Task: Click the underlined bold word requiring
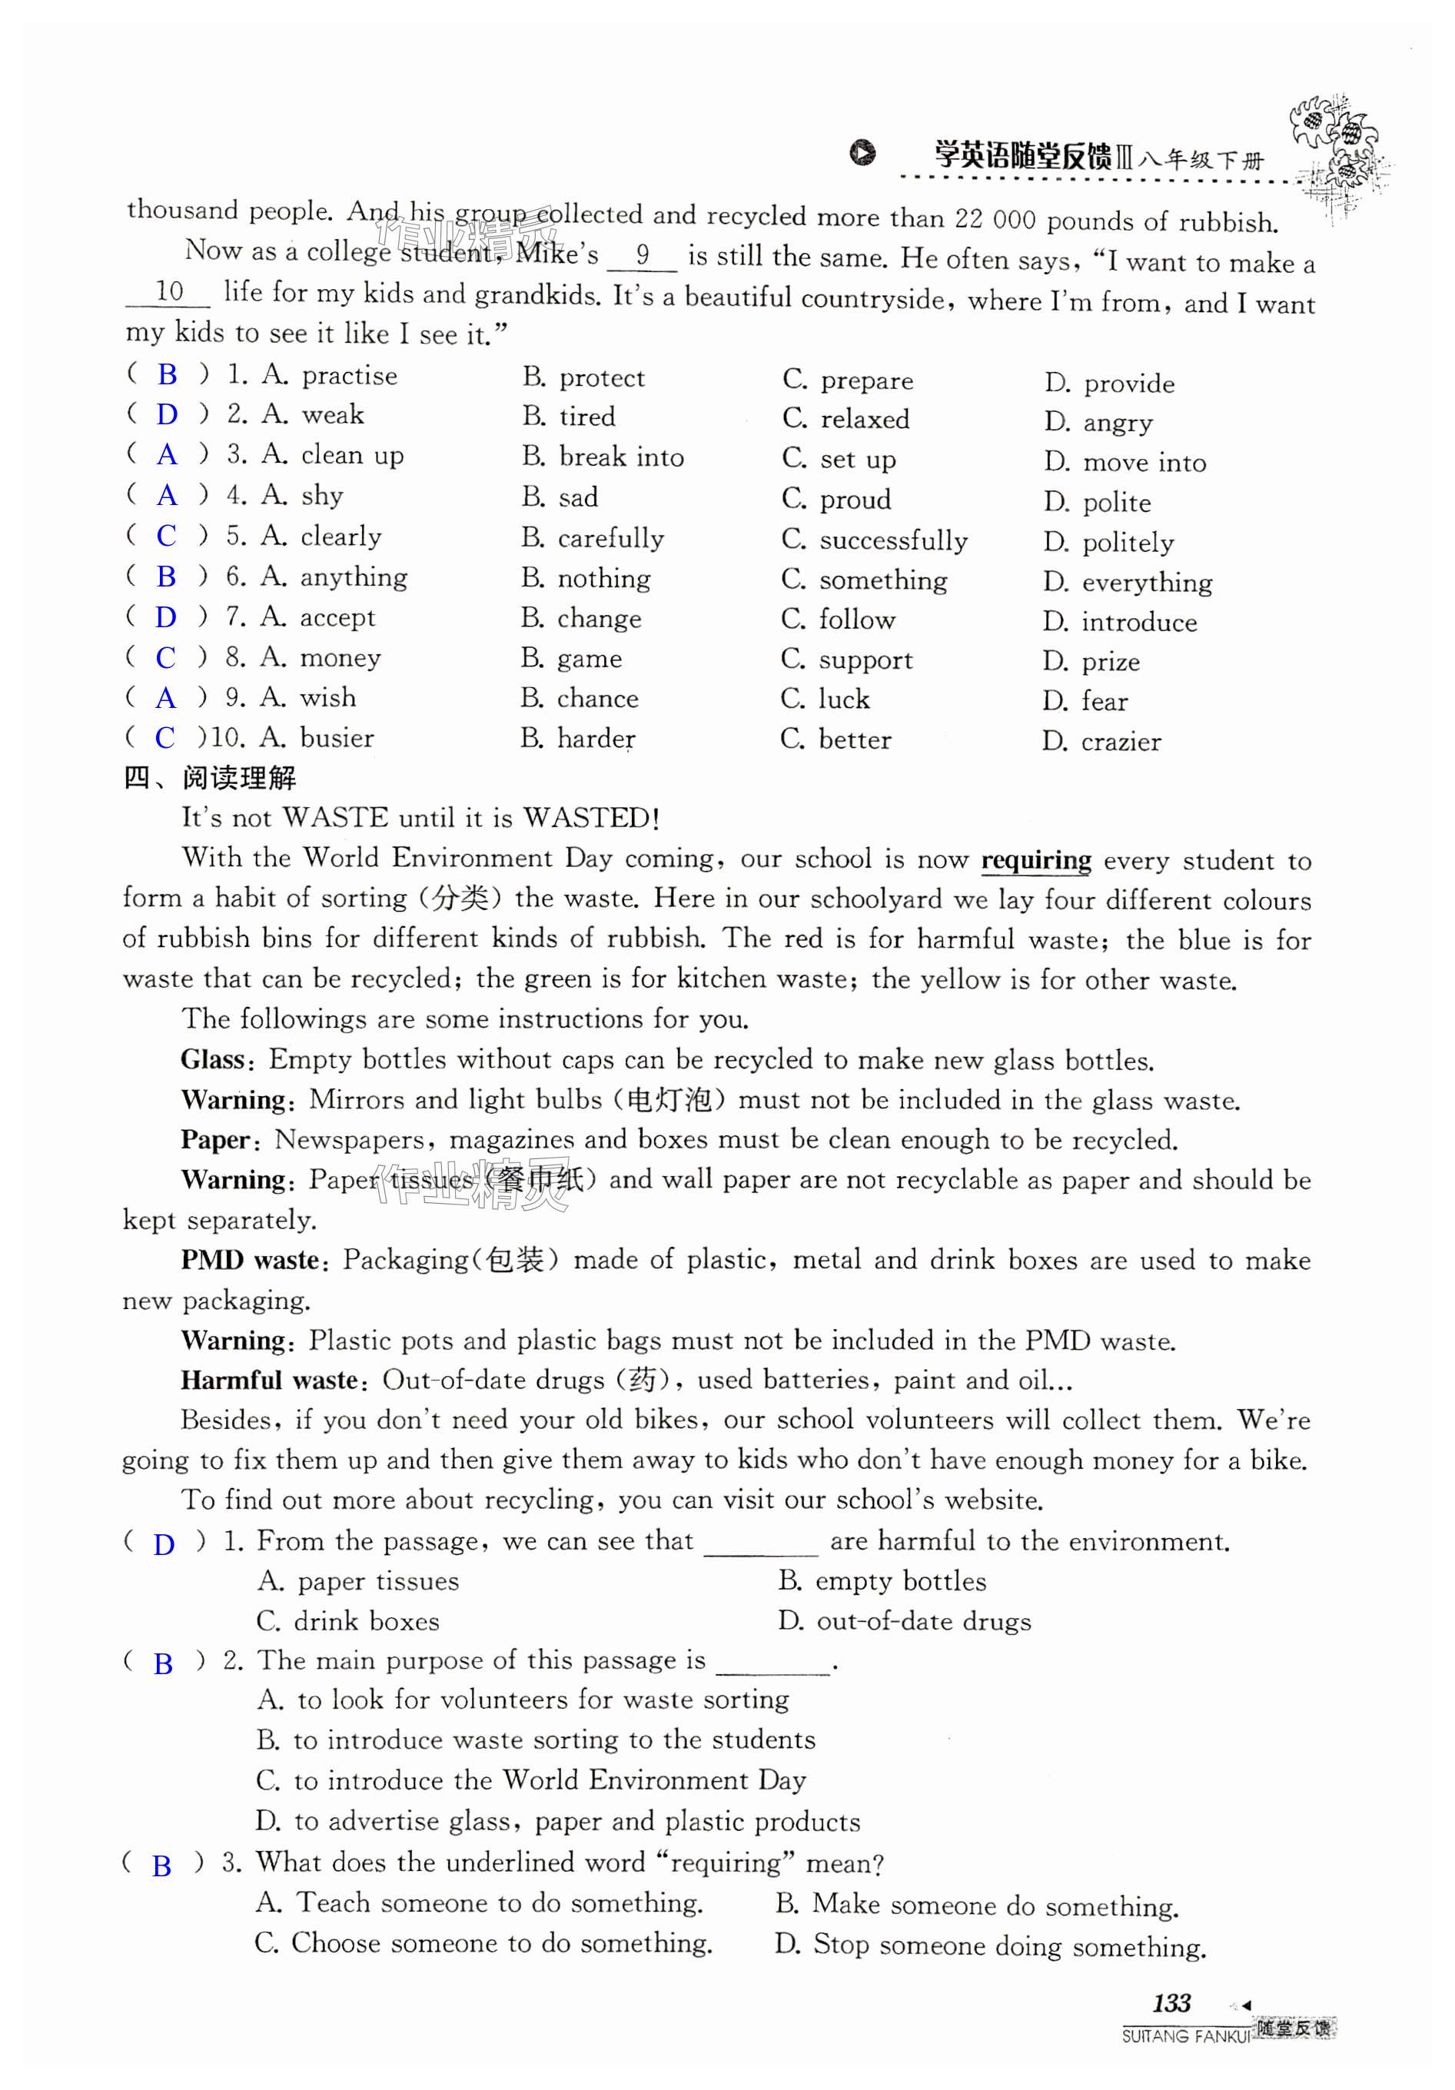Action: [x=1035, y=860]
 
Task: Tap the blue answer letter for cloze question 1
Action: [x=167, y=374]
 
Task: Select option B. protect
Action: [x=583, y=377]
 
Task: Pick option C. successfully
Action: [x=875, y=540]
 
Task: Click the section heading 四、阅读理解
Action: [x=210, y=777]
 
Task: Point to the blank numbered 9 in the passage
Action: [x=643, y=255]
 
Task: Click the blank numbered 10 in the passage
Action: [x=168, y=291]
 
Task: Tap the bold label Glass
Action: [x=212, y=1058]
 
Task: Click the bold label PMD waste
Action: [x=251, y=1260]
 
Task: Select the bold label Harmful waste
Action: [x=271, y=1380]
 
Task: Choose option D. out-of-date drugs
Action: [x=905, y=1621]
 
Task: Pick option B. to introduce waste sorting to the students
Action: [x=536, y=1739]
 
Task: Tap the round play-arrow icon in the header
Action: [x=862, y=152]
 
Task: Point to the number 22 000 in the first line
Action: [x=995, y=218]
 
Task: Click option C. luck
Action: [x=825, y=699]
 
